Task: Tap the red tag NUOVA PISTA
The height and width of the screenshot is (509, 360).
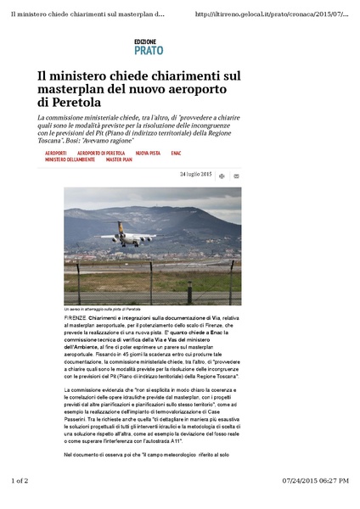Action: coord(149,153)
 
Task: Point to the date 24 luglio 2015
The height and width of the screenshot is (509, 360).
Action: coord(196,174)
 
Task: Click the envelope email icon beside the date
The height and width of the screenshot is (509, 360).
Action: coord(236,176)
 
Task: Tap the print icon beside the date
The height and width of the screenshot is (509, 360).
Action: coord(222,176)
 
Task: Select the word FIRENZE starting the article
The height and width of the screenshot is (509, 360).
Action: coord(76,316)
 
